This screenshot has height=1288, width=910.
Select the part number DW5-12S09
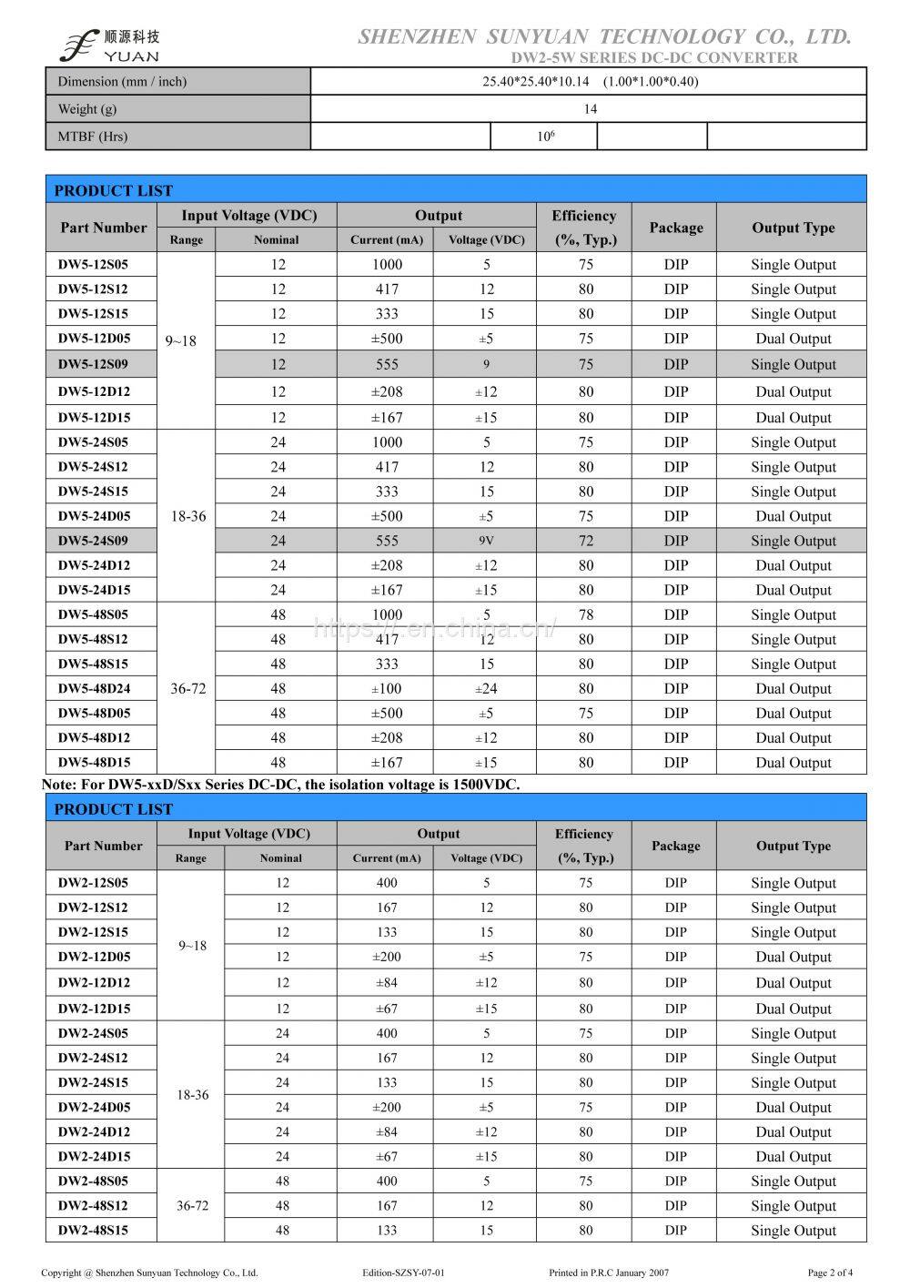pos(93,364)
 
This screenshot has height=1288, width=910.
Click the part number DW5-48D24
pos(93,689)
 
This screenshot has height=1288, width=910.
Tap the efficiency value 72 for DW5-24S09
pos(585,541)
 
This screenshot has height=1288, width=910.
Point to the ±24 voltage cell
pos(487,689)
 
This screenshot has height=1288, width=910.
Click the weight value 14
pos(590,109)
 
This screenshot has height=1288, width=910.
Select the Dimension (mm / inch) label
pos(122,82)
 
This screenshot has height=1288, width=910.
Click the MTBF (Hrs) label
pos(93,137)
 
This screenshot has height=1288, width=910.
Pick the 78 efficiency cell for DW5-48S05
pos(585,615)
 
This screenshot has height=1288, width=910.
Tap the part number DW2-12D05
pos(94,957)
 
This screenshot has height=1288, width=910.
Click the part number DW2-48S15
pos(93,1231)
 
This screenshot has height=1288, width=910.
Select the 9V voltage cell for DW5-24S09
pos(487,541)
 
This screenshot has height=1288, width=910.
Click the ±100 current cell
pos(387,689)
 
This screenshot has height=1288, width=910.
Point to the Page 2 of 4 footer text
pos(830,1273)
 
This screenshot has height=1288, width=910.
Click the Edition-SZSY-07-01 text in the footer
pos(402,1273)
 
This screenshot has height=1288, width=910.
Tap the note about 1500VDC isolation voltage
pos(282,785)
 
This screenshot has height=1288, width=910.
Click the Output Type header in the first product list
pos(793,228)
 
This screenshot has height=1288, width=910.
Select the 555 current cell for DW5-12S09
pos(387,364)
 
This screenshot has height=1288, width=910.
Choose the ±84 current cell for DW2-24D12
pos(387,1132)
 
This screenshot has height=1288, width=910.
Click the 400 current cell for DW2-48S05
pos(387,1182)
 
